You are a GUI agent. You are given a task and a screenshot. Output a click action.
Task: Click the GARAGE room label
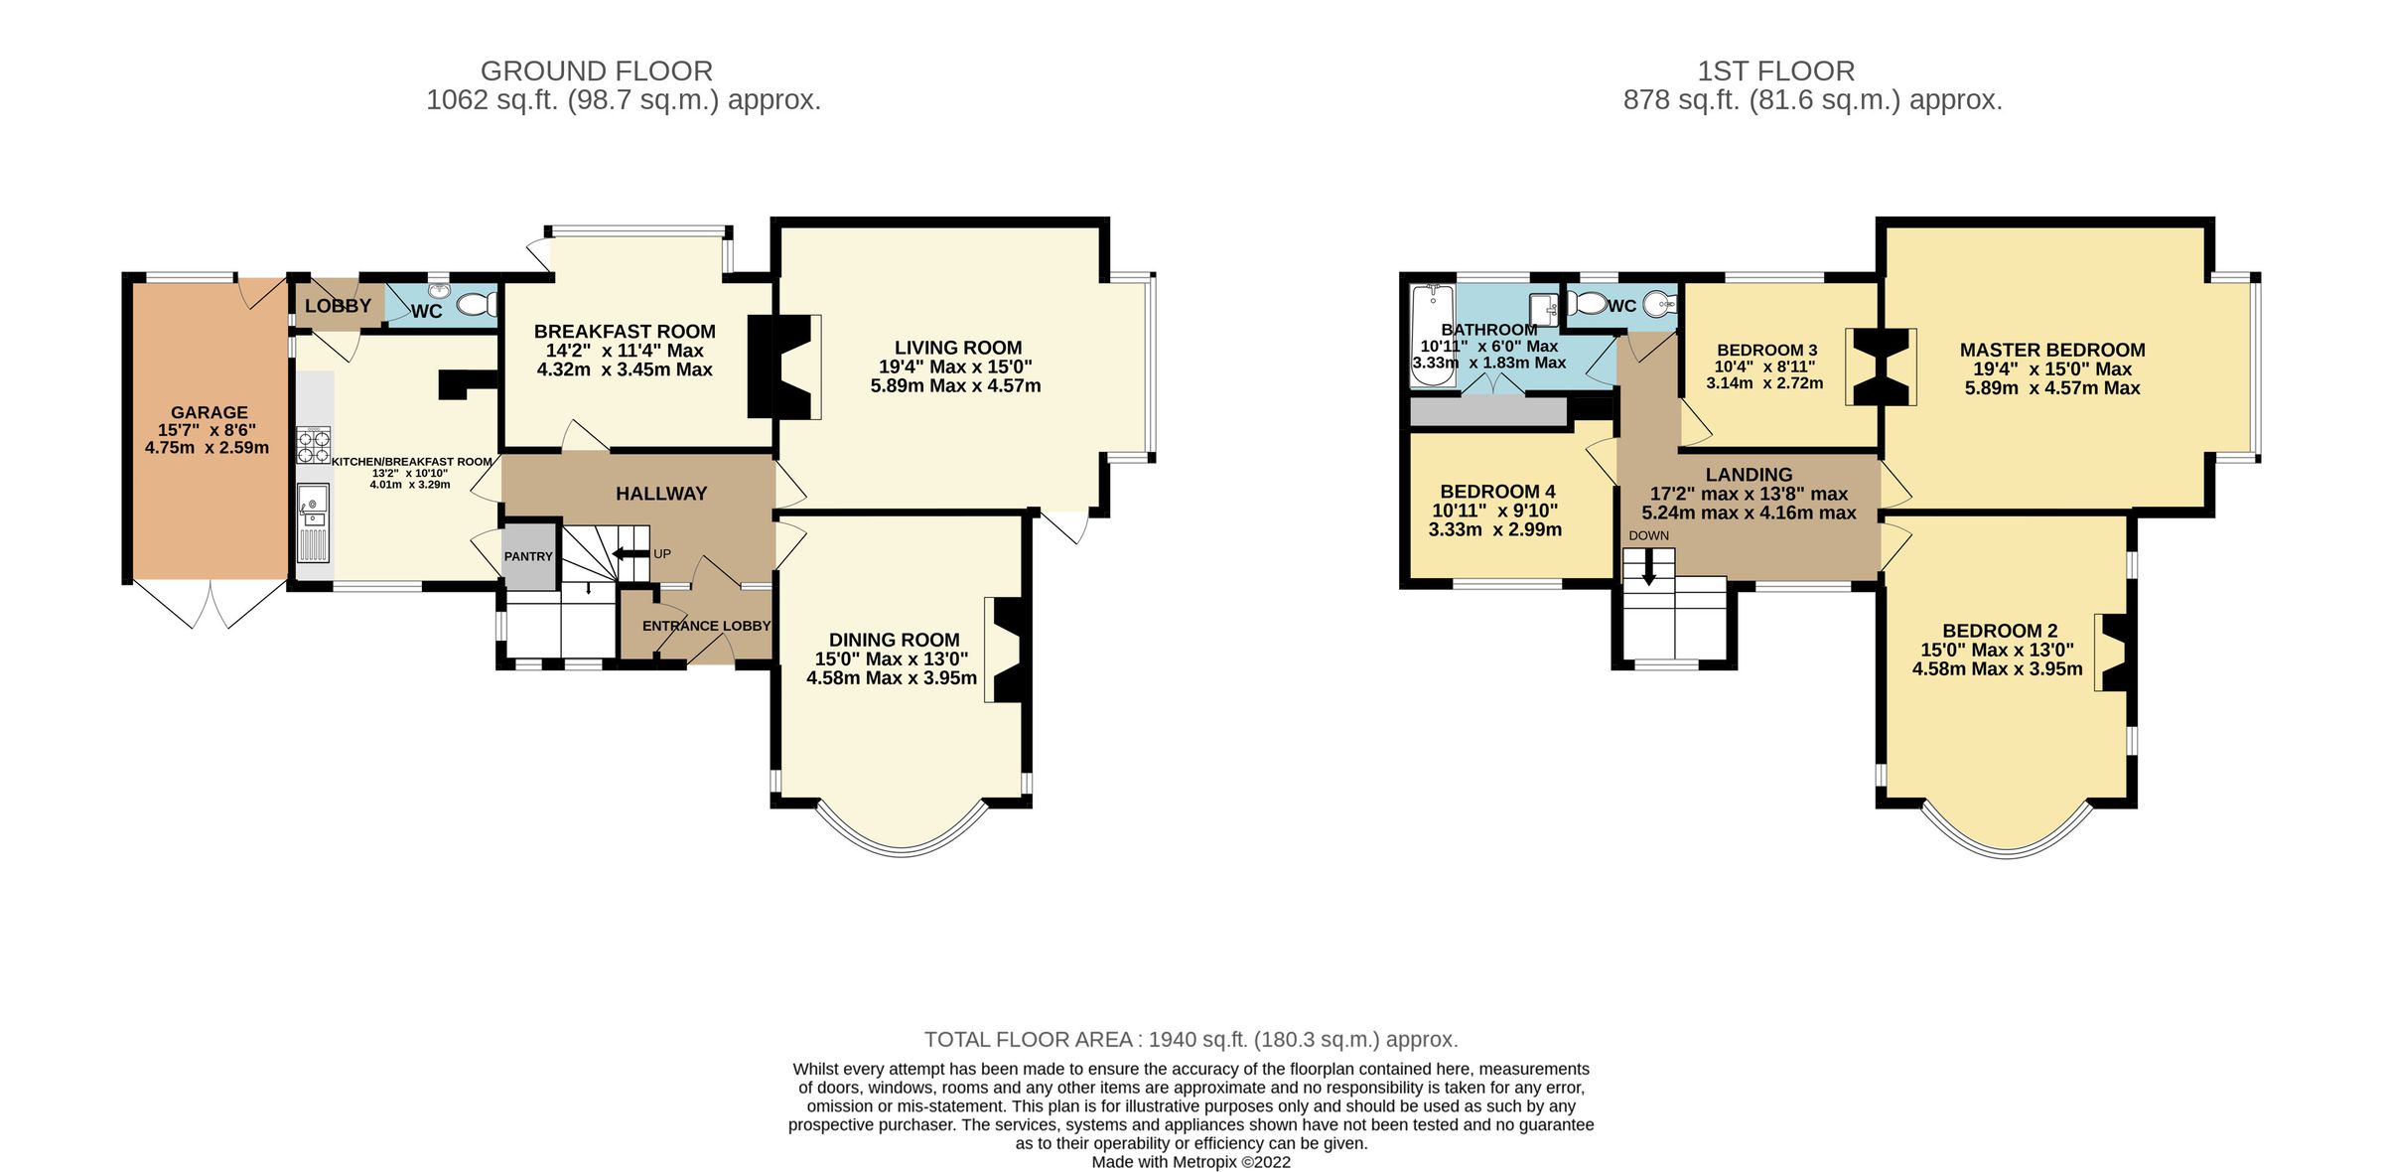pos(209,412)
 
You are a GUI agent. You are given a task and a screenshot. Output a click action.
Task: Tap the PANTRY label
pos(528,556)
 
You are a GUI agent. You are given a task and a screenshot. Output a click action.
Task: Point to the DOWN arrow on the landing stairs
pos(1648,568)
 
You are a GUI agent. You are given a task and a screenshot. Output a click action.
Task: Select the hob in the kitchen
pos(313,445)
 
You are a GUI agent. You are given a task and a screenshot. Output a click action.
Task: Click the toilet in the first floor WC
pos(1592,302)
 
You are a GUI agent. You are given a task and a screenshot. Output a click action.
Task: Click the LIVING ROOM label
pos(957,348)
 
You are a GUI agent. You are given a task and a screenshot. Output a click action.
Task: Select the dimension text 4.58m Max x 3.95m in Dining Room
pos(891,677)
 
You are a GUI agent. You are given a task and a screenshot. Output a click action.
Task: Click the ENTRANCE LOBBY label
pos(706,626)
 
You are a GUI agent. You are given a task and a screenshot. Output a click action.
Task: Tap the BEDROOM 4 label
pos(1497,492)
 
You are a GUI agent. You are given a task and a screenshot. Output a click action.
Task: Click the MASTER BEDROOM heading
pos(2051,350)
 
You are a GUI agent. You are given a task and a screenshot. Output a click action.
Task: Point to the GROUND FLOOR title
pos(596,72)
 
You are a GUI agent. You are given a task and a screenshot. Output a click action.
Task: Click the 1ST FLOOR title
pos(1775,72)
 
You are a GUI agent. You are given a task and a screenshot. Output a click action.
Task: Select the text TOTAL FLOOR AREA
pos(1029,1039)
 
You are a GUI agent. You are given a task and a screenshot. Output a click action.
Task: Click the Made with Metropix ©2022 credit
pos(1191,1162)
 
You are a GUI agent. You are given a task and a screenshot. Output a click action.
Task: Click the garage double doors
pos(210,604)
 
